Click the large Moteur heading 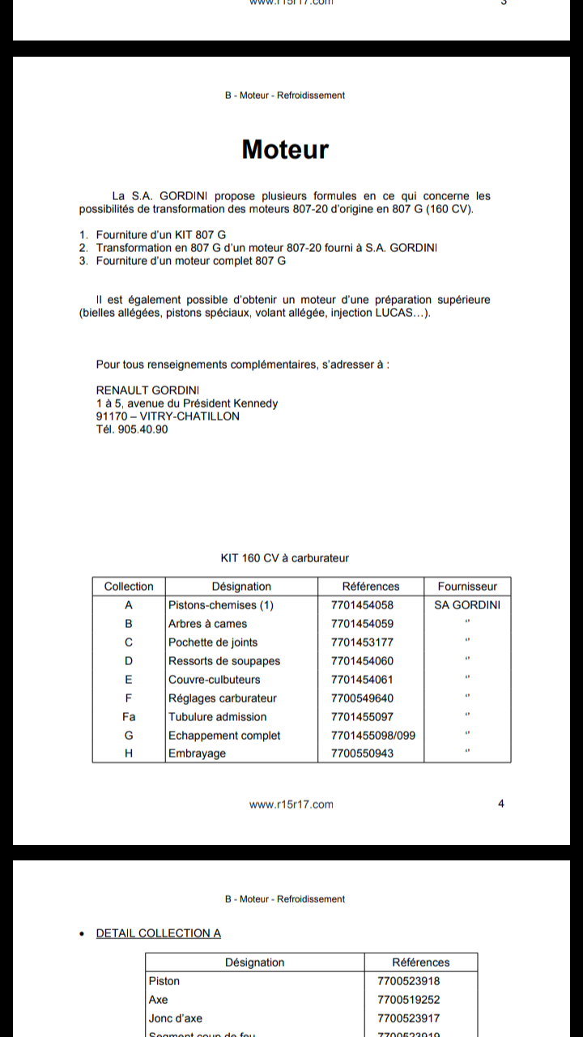285,150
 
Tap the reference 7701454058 362,605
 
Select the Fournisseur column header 467,587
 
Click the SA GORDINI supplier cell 467,605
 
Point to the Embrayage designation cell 197,753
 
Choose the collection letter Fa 129,716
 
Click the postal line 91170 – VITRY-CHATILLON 168,416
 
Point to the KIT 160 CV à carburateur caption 285,558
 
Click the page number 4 501,804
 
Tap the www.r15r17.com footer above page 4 291,804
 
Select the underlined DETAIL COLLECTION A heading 158,933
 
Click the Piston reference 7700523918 409,981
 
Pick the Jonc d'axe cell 176,1018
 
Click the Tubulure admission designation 217,717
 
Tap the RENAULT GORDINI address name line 148,390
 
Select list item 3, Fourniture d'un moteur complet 190,261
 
